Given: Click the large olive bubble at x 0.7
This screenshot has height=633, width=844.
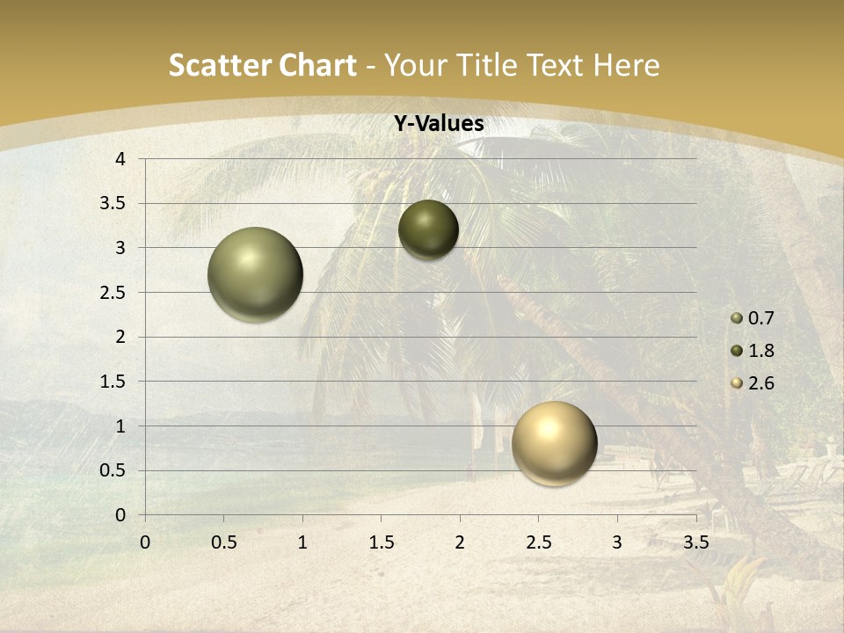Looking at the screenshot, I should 256,274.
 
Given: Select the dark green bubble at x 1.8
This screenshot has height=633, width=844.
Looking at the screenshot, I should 428,229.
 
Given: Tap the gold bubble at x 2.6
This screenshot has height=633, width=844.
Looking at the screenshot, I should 554,443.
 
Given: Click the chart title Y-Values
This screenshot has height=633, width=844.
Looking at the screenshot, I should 438,124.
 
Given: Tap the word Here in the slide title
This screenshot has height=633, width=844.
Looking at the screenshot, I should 626,65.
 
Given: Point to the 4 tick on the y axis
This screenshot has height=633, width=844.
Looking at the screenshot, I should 120,159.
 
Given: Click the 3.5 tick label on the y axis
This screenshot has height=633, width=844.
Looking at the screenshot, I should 113,203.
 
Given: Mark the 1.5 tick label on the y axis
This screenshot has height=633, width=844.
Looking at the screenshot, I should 113,382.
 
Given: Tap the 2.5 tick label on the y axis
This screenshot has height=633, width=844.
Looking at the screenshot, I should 113,292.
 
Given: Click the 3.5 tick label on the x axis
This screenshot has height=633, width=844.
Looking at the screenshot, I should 695,542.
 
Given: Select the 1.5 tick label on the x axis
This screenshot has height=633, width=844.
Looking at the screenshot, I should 381,542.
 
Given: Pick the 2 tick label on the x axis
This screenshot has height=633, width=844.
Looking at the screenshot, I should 460,542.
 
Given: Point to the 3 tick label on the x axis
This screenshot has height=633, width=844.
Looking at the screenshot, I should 617,542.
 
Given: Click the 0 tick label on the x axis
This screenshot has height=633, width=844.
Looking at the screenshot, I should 145,542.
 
